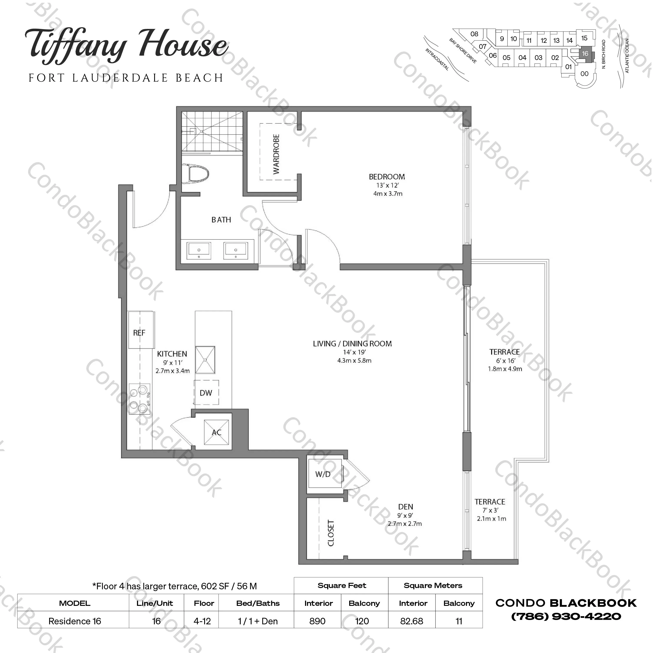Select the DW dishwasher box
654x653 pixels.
(x=206, y=393)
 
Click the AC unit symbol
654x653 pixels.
(x=216, y=432)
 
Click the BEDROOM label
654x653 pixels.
(x=387, y=177)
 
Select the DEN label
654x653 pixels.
(x=405, y=507)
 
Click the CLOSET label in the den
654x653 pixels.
(x=331, y=533)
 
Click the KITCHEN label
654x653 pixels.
(x=172, y=354)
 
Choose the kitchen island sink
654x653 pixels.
(x=205, y=360)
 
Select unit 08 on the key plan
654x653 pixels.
(x=474, y=34)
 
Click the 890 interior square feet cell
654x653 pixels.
(x=317, y=621)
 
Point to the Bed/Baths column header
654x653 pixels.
(x=258, y=603)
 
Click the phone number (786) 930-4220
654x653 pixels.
(x=566, y=616)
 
